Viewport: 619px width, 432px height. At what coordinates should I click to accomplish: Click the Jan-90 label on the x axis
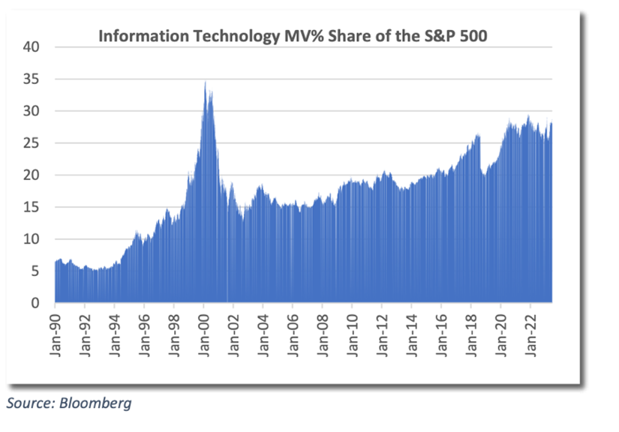pyautogui.click(x=56, y=332)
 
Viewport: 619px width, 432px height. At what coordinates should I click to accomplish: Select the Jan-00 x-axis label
pyautogui.click(x=203, y=332)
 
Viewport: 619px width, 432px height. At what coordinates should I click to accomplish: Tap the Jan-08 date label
pyautogui.click(x=322, y=332)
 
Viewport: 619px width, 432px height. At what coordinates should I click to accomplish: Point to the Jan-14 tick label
pyautogui.click(x=411, y=332)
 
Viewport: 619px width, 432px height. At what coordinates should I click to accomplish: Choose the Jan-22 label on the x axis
pyautogui.click(x=530, y=332)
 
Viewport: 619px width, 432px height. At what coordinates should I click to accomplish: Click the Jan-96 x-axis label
pyautogui.click(x=144, y=332)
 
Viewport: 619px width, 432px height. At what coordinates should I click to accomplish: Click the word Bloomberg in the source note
pyautogui.click(x=97, y=403)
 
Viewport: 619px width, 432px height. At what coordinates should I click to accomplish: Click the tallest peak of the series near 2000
pyautogui.click(x=205, y=82)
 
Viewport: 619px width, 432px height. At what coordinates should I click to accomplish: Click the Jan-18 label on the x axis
pyautogui.click(x=470, y=332)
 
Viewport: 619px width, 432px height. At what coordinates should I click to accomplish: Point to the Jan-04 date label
pyautogui.click(x=263, y=332)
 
